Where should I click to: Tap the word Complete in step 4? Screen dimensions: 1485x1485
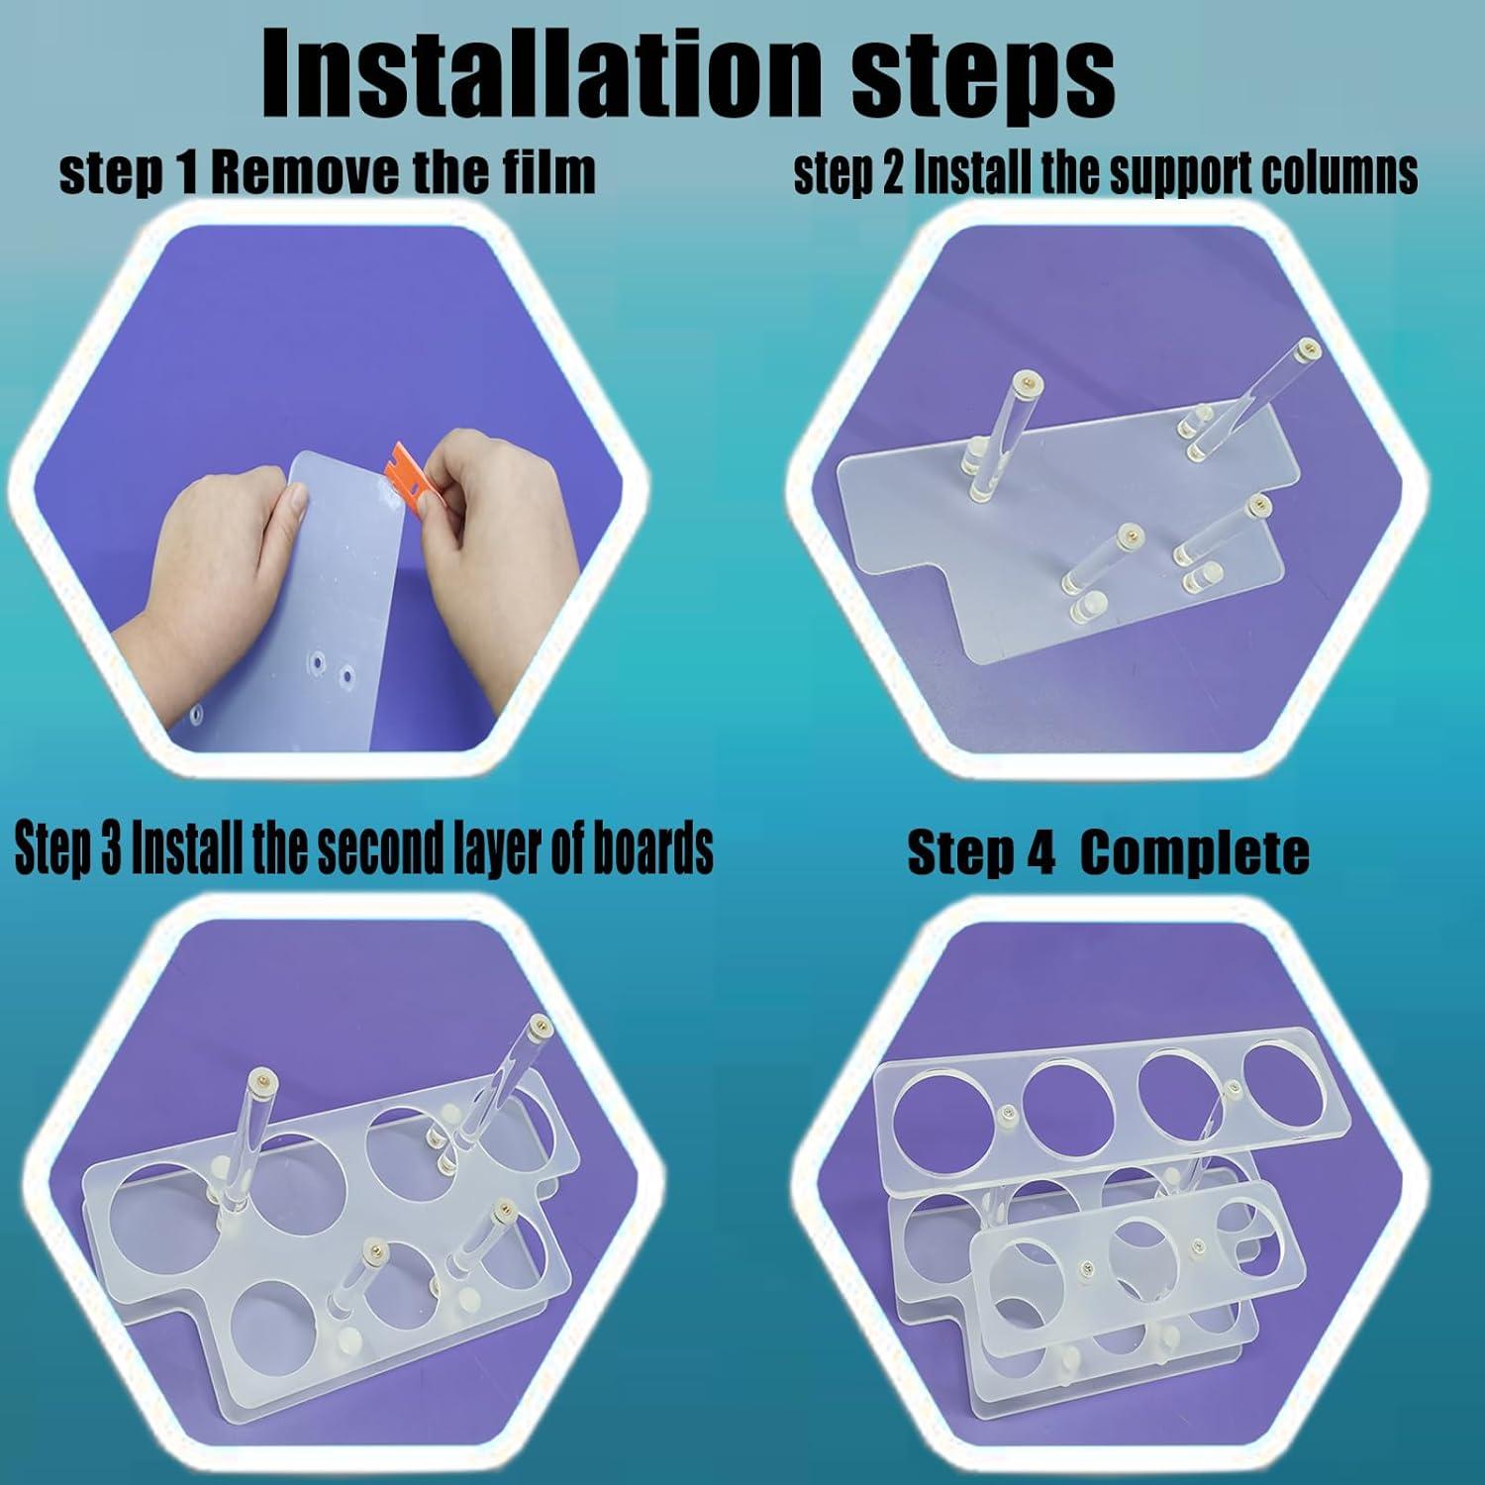[1195, 853]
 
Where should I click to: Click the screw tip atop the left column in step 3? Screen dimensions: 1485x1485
[262, 1075]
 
